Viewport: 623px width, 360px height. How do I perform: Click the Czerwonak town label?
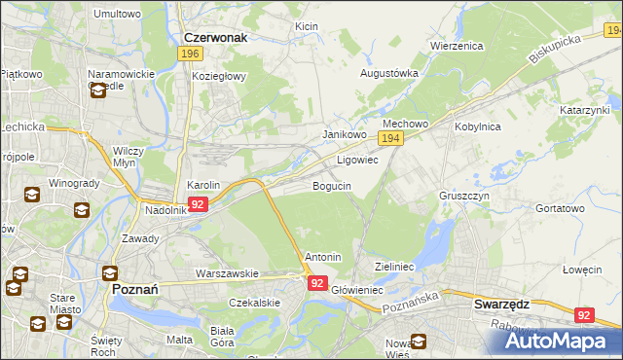216,38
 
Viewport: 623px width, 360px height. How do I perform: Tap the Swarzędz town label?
501,304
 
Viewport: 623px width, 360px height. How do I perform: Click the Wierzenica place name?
457,45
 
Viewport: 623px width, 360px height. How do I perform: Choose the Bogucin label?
331,185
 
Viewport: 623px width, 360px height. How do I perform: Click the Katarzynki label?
583,111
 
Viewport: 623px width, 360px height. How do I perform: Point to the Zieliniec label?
395,266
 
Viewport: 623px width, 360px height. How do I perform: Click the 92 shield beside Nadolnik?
198,204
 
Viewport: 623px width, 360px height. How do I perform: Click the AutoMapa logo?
559,341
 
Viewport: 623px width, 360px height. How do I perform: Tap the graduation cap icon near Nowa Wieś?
419,342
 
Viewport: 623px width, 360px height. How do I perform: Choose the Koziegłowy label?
219,76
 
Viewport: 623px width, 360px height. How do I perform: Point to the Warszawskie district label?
226,273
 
